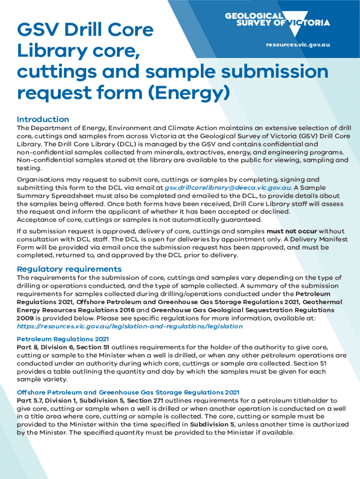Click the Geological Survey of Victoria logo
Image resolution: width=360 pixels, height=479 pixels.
point(277,20)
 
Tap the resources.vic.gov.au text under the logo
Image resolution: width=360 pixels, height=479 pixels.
point(298,44)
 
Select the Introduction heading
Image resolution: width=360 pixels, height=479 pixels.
point(43,119)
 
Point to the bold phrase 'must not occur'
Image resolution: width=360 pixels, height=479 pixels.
point(292,232)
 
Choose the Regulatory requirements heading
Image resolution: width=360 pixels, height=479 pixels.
point(69,269)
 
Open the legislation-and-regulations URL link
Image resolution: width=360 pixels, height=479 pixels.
point(130,326)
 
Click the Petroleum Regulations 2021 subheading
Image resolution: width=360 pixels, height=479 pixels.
point(63,339)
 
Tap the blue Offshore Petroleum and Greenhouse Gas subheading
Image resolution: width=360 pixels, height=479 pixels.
point(128,392)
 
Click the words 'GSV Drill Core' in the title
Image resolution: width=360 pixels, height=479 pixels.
point(85,30)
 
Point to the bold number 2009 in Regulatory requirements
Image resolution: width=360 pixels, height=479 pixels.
point(26,318)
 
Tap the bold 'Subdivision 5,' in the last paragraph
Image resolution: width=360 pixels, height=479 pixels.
point(213,424)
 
